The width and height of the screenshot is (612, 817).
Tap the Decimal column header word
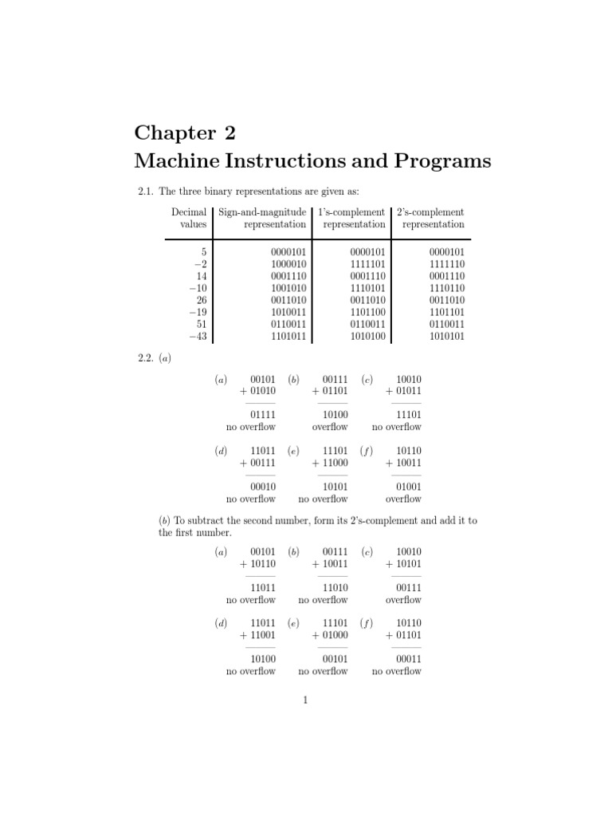click(189, 212)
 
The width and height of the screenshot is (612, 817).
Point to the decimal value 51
click(202, 324)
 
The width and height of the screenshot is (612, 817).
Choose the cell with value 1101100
click(368, 312)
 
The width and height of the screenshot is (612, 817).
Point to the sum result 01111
click(262, 415)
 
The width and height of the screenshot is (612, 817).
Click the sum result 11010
click(335, 587)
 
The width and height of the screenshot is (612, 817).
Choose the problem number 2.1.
click(144, 191)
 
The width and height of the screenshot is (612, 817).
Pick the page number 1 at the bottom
click(305, 701)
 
